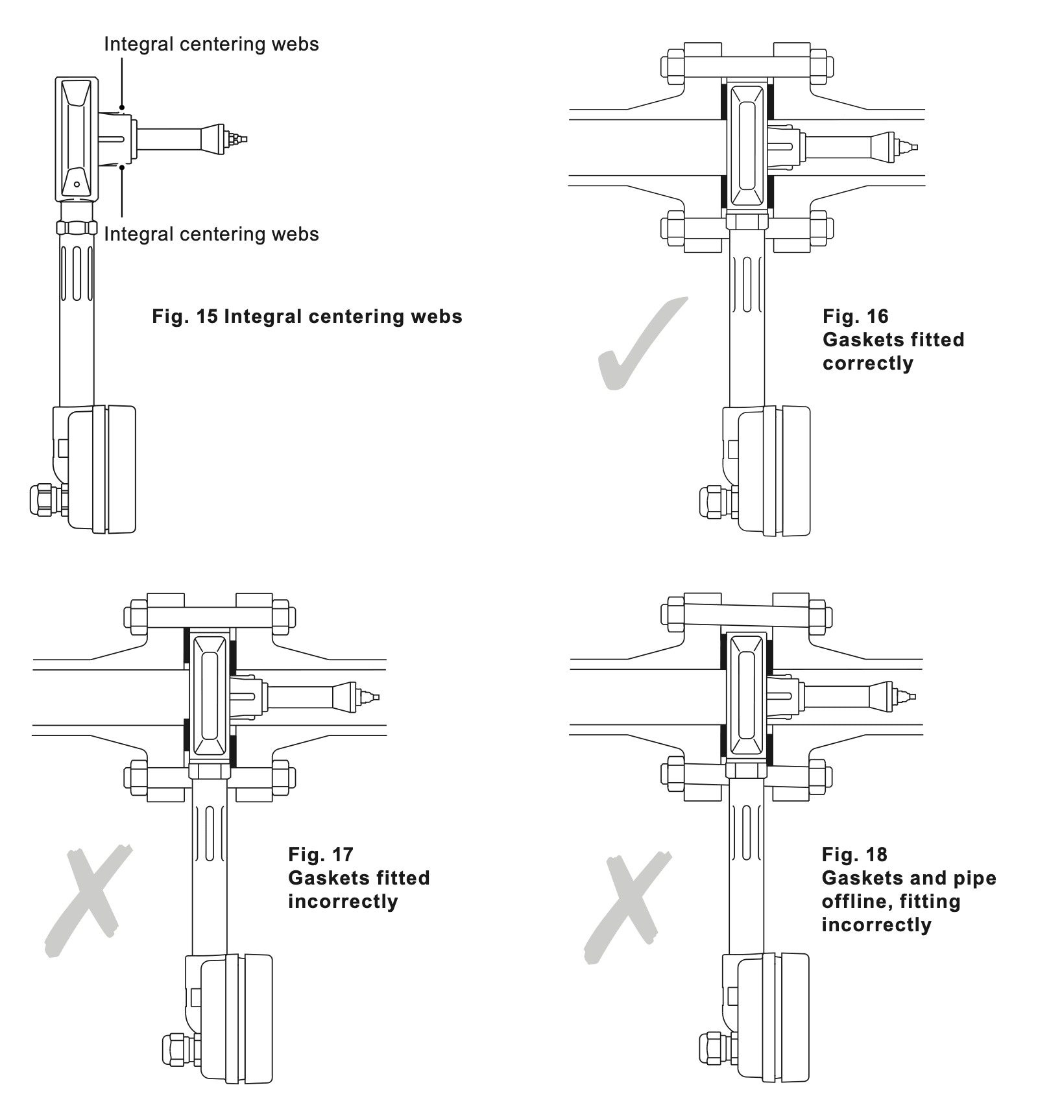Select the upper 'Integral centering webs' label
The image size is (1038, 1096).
pyautogui.click(x=211, y=44)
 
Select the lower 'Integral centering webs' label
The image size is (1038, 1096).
pyautogui.click(x=211, y=234)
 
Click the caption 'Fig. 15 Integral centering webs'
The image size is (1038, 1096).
pyautogui.click(x=307, y=316)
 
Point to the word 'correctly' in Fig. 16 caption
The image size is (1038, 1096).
pyautogui.click(x=868, y=363)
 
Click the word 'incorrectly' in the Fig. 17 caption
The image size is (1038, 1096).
pyautogui.click(x=343, y=901)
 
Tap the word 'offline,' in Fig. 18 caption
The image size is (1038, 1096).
pyautogui.click(x=891, y=901)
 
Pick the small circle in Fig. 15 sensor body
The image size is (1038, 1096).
pyautogui.click(x=77, y=184)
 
